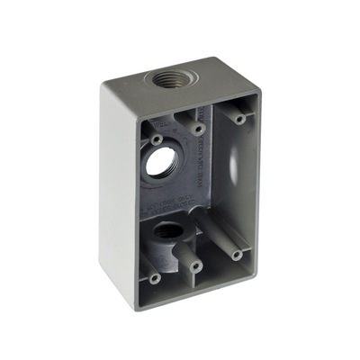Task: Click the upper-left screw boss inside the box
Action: tap(157, 142)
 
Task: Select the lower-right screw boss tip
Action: tap(237, 255)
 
